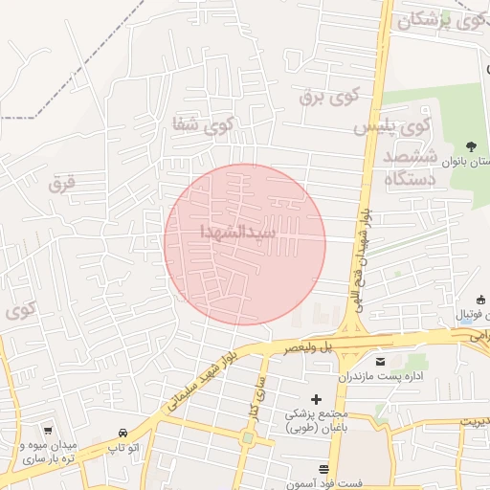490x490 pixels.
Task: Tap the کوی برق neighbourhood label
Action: click(x=327, y=97)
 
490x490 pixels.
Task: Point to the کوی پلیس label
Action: click(x=393, y=125)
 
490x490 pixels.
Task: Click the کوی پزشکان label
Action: click(x=435, y=20)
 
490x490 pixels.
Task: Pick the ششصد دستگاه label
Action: click(x=409, y=167)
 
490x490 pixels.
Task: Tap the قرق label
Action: click(x=63, y=181)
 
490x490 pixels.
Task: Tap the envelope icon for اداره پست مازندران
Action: click(x=382, y=361)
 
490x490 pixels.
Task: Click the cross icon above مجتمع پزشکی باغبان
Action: click(x=317, y=398)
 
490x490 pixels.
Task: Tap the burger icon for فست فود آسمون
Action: click(x=323, y=469)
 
